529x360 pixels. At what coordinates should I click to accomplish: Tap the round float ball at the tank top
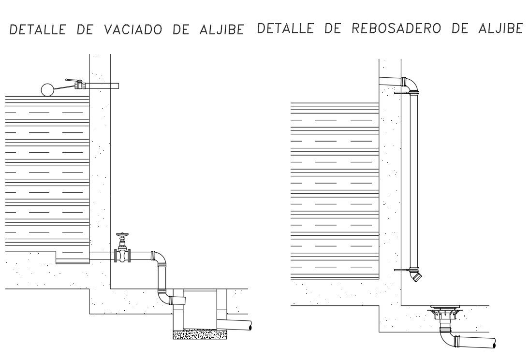click(47, 89)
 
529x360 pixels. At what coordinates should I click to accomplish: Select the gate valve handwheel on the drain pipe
click(122, 236)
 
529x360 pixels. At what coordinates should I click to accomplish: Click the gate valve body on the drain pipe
click(122, 255)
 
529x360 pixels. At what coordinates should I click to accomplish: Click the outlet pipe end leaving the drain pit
click(250, 327)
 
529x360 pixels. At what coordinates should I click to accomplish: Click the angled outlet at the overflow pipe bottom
click(416, 276)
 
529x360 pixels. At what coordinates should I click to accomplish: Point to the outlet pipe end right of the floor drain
click(493, 344)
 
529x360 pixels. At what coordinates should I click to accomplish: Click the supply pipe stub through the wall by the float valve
click(104, 86)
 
